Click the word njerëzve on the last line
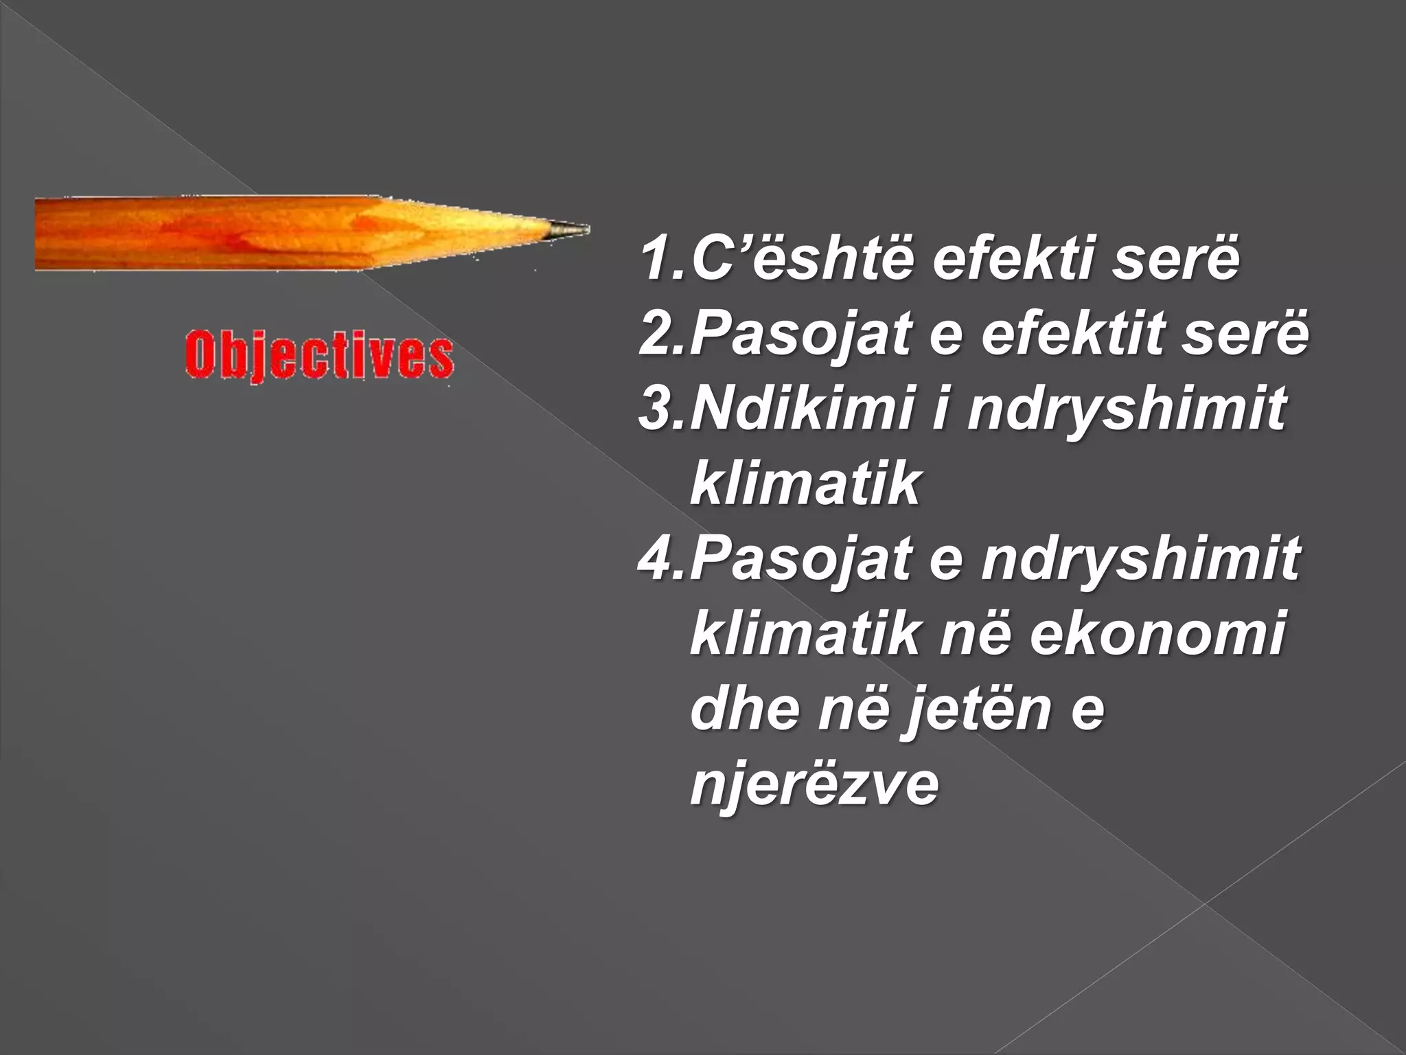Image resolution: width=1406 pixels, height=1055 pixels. tap(814, 784)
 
